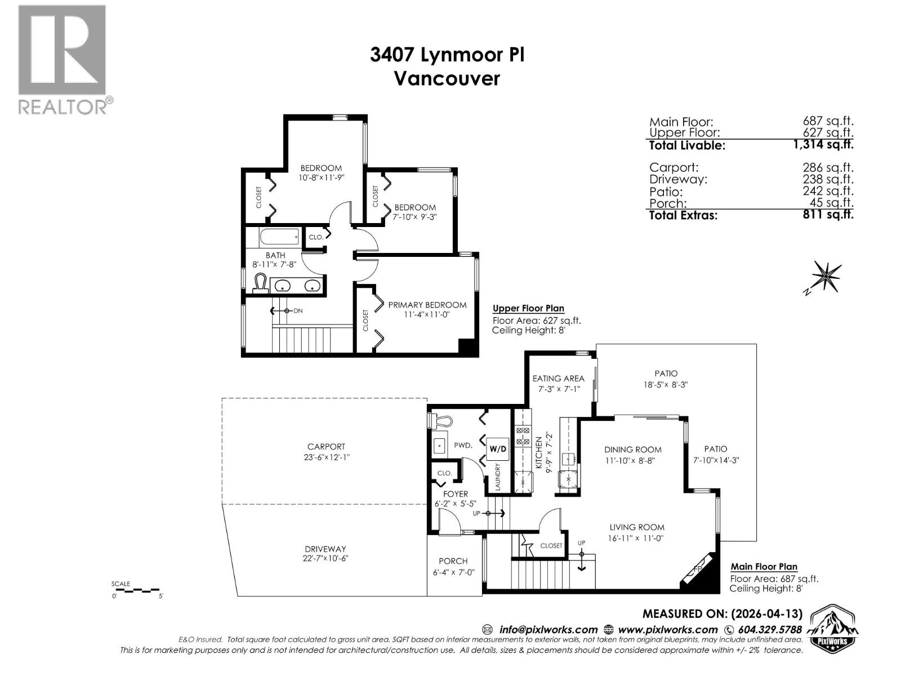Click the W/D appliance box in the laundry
tap(497, 449)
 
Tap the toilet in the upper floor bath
tap(260, 283)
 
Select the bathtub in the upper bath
tap(281, 237)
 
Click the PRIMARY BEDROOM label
tap(427, 305)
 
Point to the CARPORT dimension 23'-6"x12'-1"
tap(327, 457)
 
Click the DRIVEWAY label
tap(325, 549)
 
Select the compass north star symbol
tap(826, 276)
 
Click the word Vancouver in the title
tap(447, 78)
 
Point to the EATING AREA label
tap(558, 379)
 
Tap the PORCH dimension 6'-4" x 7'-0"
tap(453, 572)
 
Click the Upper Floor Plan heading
tap(528, 308)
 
